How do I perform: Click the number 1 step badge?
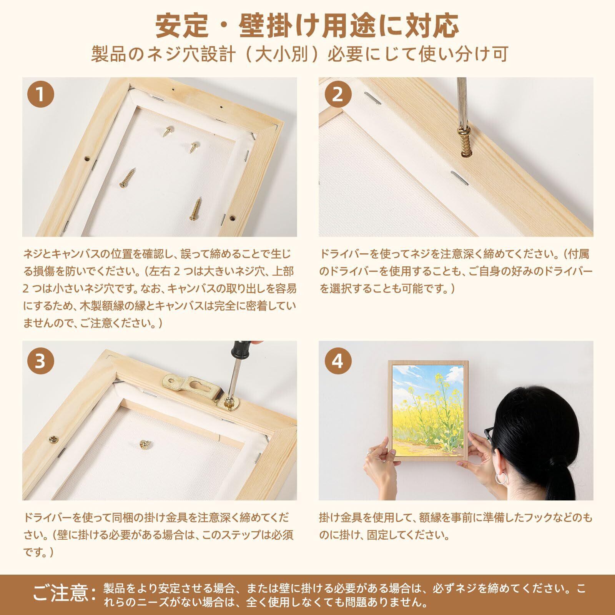(40, 94)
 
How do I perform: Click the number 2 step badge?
(337, 94)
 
